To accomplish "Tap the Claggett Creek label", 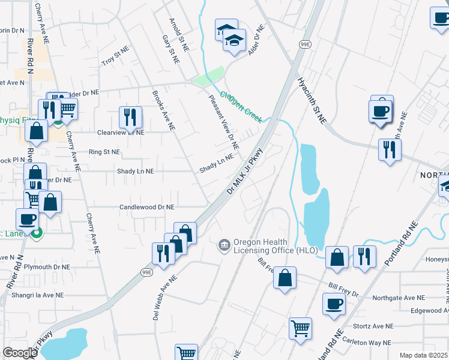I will point(240,106).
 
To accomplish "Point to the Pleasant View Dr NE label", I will point(224,122).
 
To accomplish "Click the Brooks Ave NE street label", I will point(163,110).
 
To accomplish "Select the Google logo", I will point(20,353).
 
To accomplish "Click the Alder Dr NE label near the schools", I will point(255,40).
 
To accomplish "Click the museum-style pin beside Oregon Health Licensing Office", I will point(224,245).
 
